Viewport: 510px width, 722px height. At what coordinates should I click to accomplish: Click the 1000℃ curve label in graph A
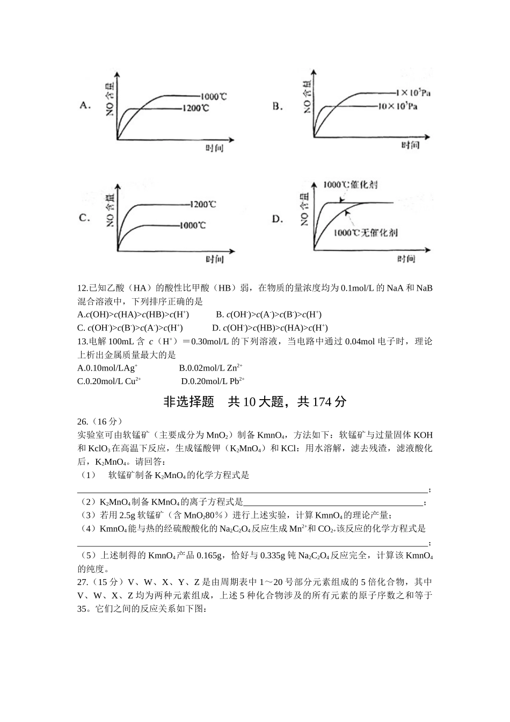[x=213, y=97]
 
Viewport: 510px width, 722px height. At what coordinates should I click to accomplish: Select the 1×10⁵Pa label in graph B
[x=413, y=92]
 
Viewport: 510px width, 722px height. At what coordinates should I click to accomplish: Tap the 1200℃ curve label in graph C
[x=203, y=204]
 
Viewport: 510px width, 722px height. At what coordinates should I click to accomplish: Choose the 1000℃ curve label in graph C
[x=192, y=225]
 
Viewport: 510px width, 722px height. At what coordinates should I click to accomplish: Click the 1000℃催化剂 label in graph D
[x=350, y=185]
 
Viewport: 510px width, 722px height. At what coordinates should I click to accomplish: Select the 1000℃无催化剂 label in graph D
[x=365, y=233]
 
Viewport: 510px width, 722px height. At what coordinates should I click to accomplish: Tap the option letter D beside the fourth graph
[x=278, y=219]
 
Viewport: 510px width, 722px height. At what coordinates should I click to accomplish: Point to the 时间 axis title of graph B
[x=410, y=145]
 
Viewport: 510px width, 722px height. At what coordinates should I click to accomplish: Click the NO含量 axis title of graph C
[x=110, y=210]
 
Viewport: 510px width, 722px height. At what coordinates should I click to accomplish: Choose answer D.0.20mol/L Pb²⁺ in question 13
[x=213, y=381]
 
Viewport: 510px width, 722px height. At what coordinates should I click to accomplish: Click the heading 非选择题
[x=188, y=402]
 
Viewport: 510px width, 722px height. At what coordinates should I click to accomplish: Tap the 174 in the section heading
[x=322, y=402]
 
